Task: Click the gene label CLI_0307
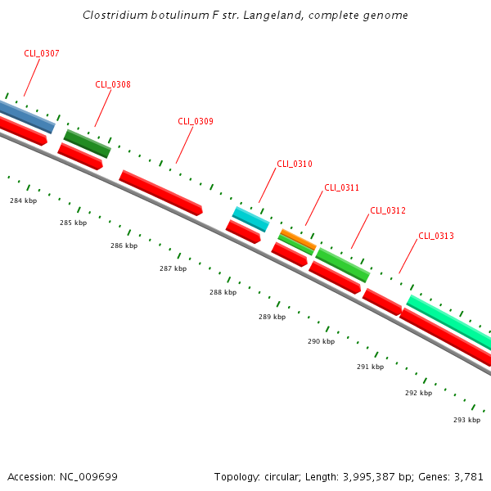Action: click(x=41, y=53)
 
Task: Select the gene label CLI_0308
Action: click(x=113, y=84)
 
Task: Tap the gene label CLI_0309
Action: click(x=196, y=121)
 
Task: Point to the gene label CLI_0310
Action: click(x=295, y=164)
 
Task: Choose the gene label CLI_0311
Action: click(x=341, y=187)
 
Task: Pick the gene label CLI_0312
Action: click(x=388, y=210)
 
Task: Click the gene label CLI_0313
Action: click(x=436, y=236)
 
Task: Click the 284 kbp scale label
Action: click(x=23, y=200)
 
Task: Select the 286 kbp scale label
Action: click(x=124, y=245)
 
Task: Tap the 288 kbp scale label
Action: click(x=223, y=292)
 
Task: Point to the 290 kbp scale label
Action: click(x=321, y=341)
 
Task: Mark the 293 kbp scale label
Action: click(x=466, y=420)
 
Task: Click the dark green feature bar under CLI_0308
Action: click(x=87, y=143)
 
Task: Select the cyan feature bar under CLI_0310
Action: click(x=250, y=218)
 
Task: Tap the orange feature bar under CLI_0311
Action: click(x=298, y=240)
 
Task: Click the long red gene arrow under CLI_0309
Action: click(x=160, y=192)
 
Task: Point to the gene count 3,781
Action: click(x=468, y=476)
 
